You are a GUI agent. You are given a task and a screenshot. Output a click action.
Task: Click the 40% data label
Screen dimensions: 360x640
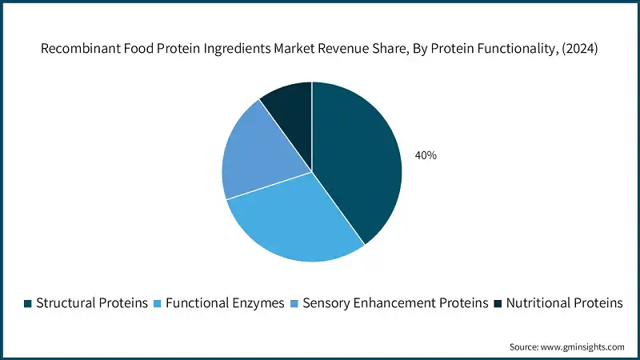click(426, 155)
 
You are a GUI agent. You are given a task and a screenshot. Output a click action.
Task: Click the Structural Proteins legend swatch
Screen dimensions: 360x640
click(28, 303)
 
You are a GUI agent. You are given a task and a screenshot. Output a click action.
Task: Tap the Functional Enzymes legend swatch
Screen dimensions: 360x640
click(157, 303)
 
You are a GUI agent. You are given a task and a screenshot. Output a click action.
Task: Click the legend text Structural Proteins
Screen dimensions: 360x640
click(92, 303)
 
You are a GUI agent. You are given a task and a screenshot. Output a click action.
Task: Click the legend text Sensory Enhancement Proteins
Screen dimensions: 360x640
click(393, 303)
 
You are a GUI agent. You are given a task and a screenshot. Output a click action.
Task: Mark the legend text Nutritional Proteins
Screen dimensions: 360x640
click(564, 303)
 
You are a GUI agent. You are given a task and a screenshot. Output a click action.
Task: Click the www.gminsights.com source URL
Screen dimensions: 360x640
click(583, 346)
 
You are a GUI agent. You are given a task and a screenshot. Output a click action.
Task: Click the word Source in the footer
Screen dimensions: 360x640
click(525, 346)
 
